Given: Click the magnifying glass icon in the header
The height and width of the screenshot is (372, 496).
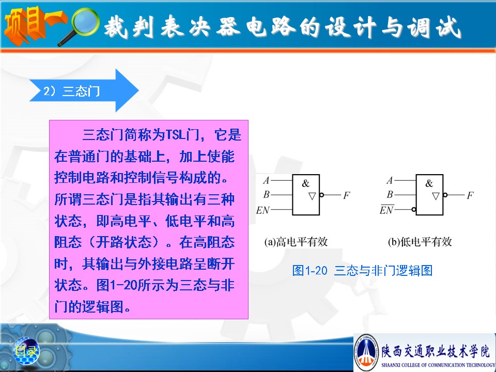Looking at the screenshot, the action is click(79, 26).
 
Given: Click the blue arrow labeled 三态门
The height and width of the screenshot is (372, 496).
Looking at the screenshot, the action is click(84, 91).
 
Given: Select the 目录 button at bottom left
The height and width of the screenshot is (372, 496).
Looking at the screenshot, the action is click(26, 350).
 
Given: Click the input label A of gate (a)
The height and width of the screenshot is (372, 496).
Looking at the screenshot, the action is click(267, 180).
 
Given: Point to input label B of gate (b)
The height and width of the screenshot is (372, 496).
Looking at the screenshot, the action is click(390, 194).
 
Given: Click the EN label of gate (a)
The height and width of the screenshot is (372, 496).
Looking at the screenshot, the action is click(263, 210).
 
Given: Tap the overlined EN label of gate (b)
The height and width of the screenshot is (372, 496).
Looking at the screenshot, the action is click(386, 209).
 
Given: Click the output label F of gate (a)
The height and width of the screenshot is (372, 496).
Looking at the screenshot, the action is click(347, 195).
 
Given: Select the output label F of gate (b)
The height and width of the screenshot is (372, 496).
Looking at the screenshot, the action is click(470, 195).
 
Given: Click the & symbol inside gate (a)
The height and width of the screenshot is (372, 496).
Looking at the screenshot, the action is click(305, 183).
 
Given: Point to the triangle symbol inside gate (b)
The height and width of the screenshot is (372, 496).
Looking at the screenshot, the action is click(436, 196).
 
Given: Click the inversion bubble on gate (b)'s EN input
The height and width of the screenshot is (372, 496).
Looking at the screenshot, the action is click(414, 209).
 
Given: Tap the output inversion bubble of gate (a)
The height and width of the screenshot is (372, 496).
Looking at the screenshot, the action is click(322, 195).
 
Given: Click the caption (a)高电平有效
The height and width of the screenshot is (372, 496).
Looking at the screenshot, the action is click(296, 242).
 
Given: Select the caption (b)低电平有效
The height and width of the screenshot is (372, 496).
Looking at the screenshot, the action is click(420, 242).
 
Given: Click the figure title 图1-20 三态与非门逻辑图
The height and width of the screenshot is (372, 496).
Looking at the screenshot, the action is click(363, 270).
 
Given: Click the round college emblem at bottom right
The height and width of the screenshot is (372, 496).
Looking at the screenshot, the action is click(366, 352).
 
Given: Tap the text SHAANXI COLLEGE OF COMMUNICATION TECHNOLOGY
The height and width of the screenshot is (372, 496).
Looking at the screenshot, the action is click(438, 365).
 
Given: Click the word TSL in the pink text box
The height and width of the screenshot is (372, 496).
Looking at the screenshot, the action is click(176, 135).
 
